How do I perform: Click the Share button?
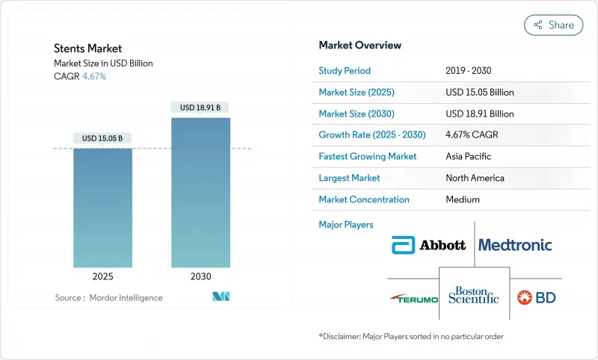[x=554, y=25]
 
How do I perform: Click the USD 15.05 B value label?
[x=102, y=138]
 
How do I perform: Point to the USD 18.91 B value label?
[x=200, y=108]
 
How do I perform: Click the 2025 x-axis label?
[x=102, y=276]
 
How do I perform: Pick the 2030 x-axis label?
[x=200, y=276]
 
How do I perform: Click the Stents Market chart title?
[x=87, y=49]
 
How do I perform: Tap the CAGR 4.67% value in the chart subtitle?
[x=93, y=76]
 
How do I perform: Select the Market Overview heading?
[x=360, y=46]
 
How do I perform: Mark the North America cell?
[x=475, y=178]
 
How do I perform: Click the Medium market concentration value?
[x=463, y=199]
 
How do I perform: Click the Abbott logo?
[x=429, y=245]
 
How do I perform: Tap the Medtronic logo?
[x=515, y=245]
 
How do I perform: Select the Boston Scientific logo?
[x=474, y=296]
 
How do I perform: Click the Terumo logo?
[x=413, y=298]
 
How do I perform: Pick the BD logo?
[x=536, y=297]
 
